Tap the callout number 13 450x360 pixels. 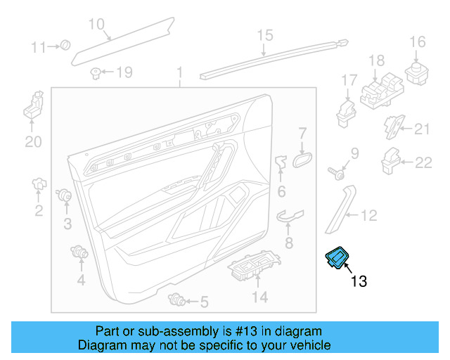(359, 282)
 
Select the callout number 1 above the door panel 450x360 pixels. (179, 73)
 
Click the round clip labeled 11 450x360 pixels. (65, 46)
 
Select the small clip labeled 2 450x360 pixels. (39, 185)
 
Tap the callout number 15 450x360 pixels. (264, 34)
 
